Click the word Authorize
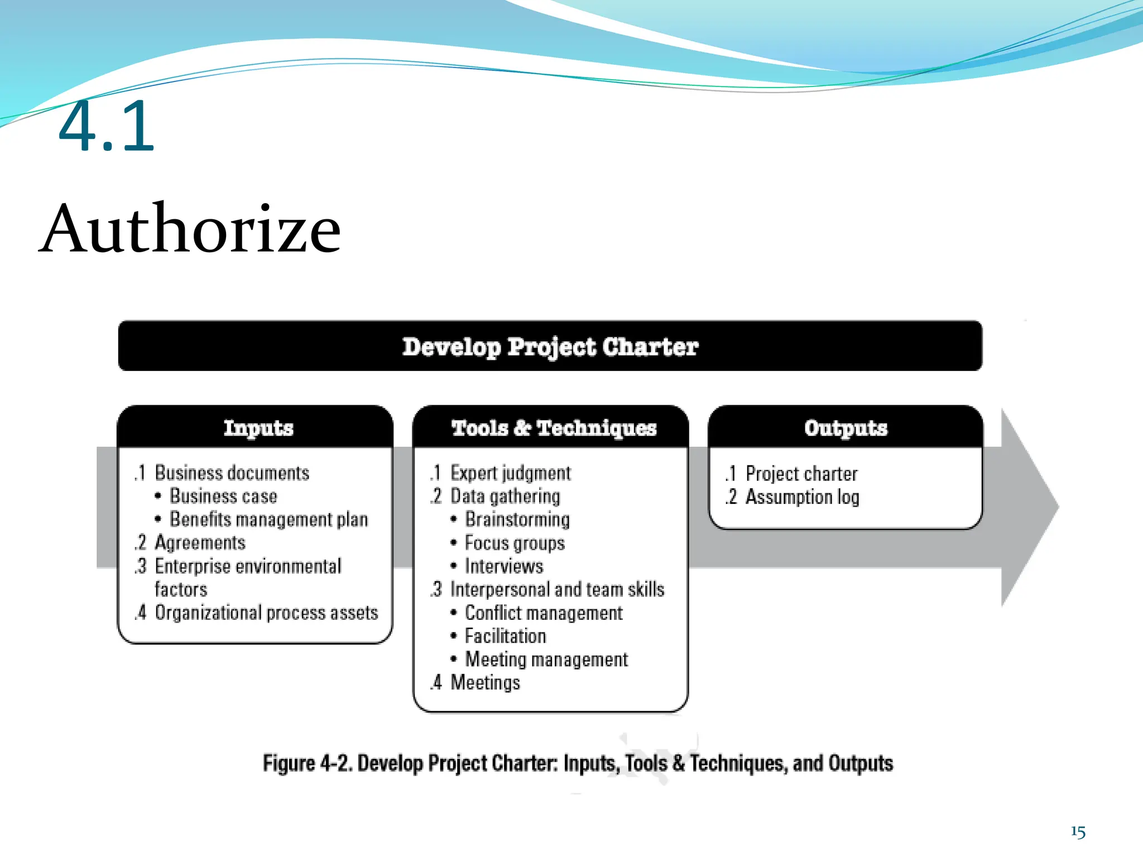pos(190,229)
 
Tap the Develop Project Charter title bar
pos(550,346)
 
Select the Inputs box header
pos(258,428)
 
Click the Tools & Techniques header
pos(553,428)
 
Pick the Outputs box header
pos(845,428)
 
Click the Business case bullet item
pos(223,496)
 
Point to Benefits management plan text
pos(268,519)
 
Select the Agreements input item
pos(200,543)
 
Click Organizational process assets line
pos(266,613)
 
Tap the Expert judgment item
pos(510,473)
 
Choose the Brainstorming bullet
pos(517,519)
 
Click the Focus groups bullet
pos(515,543)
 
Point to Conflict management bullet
pos(543,613)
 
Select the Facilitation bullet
pos(505,636)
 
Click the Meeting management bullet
pos(546,659)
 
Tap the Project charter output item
pos(801,474)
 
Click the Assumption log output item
pos(802,497)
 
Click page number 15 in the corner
pos(1078,832)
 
